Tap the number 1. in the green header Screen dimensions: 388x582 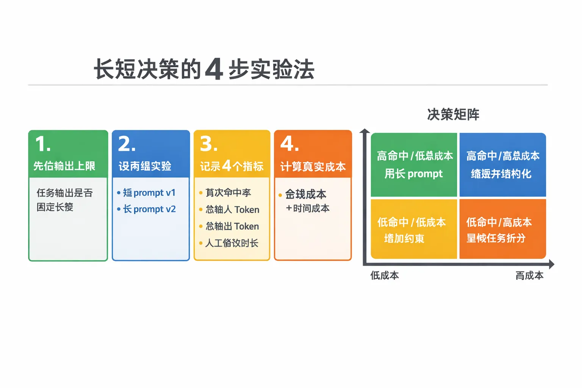42,144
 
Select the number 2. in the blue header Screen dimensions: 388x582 127,144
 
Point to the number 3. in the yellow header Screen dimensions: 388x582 209,144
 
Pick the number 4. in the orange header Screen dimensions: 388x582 289,144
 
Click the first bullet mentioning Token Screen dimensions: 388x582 232,210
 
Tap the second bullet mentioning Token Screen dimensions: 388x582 232,226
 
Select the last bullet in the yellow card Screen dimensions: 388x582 232,243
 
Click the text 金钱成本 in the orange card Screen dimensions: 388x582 305,194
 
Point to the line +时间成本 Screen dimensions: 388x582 308,208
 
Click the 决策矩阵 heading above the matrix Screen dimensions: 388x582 453,114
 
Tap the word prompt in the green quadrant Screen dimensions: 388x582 425,174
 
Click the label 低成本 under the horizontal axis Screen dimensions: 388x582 385,275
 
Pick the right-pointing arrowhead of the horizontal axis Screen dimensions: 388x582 551,264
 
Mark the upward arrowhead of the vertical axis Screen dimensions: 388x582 365,131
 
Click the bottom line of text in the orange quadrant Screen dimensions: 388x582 496,238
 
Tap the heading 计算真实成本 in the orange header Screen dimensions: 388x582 313,167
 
